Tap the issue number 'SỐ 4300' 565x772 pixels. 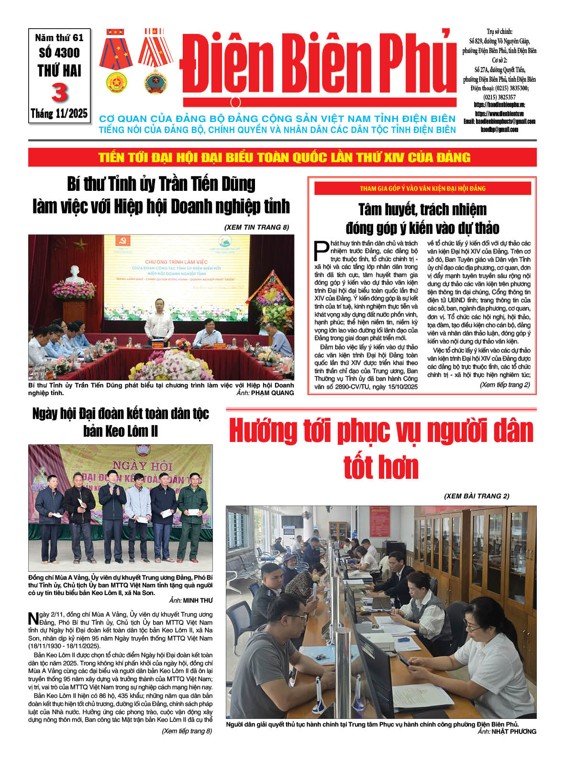pos(59,53)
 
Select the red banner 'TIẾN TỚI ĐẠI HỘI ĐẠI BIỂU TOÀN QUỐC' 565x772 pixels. pos(284,157)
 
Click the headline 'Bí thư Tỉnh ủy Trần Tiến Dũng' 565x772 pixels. pos(161,184)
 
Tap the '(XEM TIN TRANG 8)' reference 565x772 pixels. pos(256,227)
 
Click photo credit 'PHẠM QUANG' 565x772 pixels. pos(272,393)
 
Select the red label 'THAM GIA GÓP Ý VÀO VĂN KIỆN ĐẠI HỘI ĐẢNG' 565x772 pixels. pos(422,188)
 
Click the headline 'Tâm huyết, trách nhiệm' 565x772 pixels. pos(422,210)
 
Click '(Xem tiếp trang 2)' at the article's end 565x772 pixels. pos(504,385)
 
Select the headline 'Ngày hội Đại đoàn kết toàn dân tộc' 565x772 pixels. pos(121,413)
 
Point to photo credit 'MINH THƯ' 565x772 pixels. pos(198,600)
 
